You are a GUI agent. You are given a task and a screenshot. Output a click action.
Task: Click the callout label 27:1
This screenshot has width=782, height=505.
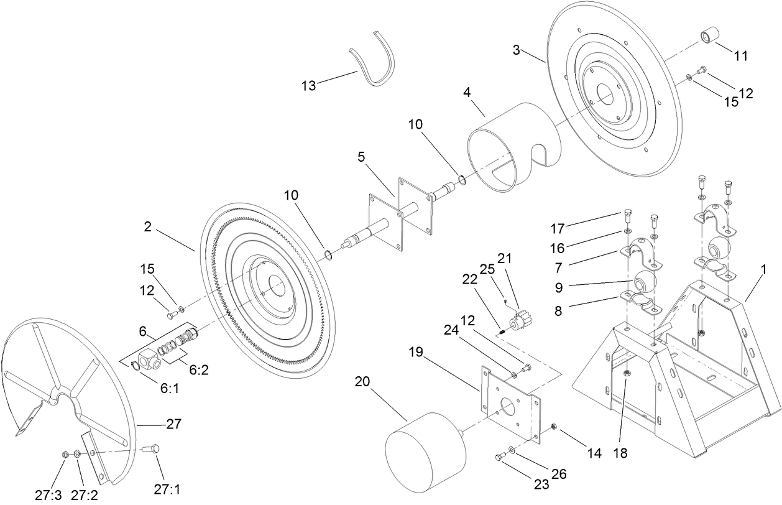(x=167, y=489)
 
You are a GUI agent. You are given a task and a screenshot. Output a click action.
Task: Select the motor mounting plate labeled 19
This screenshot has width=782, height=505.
(x=510, y=404)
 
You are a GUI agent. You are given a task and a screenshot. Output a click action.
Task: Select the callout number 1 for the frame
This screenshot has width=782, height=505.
(x=763, y=270)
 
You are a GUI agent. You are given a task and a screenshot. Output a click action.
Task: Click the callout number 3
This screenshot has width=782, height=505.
(x=516, y=50)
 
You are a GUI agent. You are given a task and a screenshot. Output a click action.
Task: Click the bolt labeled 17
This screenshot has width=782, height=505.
(x=627, y=217)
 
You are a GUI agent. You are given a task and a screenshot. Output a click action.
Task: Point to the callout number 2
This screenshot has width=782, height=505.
(x=147, y=228)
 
